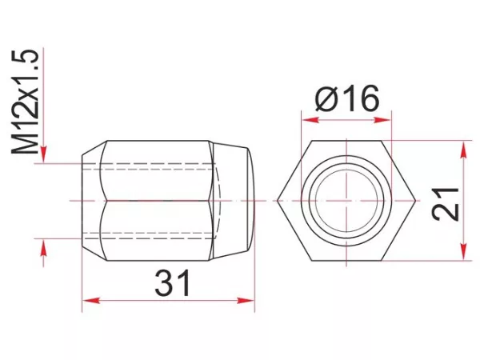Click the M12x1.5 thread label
[x=26, y=102]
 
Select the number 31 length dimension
[x=172, y=282]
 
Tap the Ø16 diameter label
[x=347, y=99]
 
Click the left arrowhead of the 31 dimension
[x=88, y=301]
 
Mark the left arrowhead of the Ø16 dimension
[x=306, y=120]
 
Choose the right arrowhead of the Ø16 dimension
[x=386, y=120]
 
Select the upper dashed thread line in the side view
[x=152, y=166]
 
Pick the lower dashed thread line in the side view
[x=152, y=234]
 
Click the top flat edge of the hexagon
[x=346, y=141]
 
